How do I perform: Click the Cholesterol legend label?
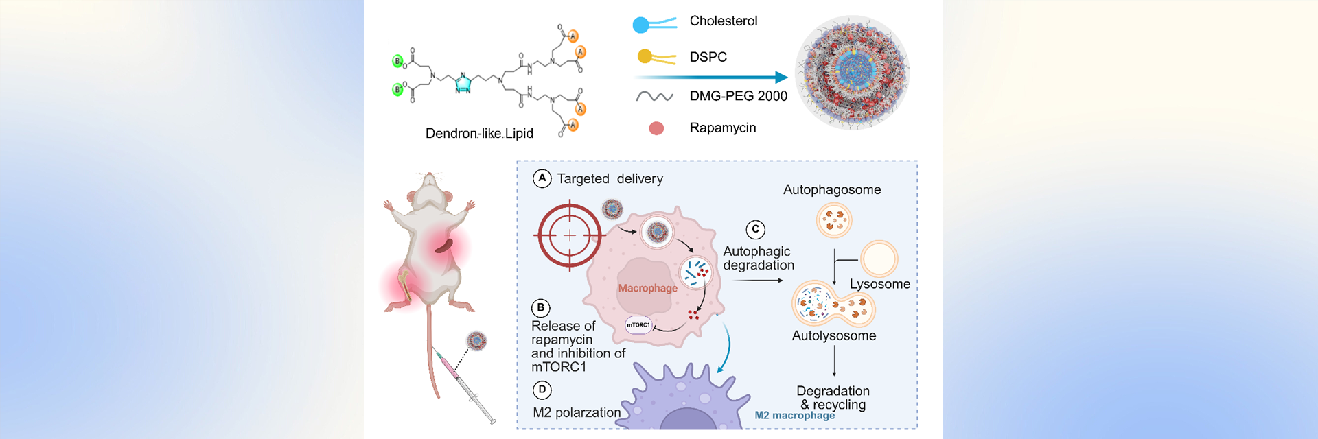pyautogui.click(x=723, y=21)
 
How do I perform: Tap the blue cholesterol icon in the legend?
pyautogui.click(x=641, y=25)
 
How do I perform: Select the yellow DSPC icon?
pyautogui.click(x=645, y=56)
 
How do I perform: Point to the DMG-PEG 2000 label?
pyautogui.click(x=738, y=96)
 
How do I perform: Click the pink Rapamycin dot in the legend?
pyautogui.click(x=656, y=128)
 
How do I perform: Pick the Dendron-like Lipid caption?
pyautogui.click(x=479, y=133)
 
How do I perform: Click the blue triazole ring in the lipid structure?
pyautogui.click(x=463, y=83)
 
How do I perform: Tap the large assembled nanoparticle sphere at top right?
pyautogui.click(x=852, y=72)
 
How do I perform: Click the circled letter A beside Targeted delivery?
pyautogui.click(x=542, y=178)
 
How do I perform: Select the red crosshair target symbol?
pyautogui.click(x=569, y=235)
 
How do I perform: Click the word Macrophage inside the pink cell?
pyautogui.click(x=647, y=288)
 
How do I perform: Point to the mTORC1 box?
pyautogui.click(x=638, y=324)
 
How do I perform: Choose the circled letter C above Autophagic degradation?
pyautogui.click(x=755, y=230)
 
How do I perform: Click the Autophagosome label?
pyautogui.click(x=832, y=190)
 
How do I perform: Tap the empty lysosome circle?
pyautogui.click(x=879, y=259)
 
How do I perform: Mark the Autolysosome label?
pyautogui.click(x=833, y=335)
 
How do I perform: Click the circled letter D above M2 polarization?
pyautogui.click(x=542, y=390)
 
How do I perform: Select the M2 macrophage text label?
pyautogui.click(x=794, y=415)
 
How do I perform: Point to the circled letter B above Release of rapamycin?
pyautogui.click(x=541, y=307)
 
